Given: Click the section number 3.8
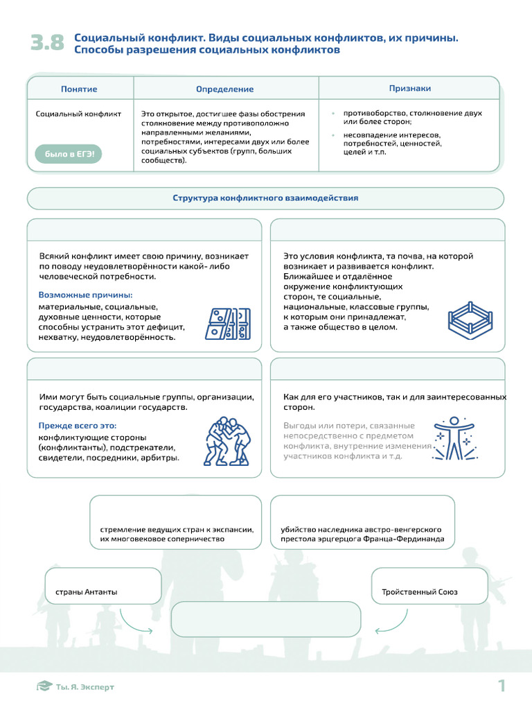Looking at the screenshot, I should pos(47,43).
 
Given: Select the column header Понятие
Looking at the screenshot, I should pos(79,89).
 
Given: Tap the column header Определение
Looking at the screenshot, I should pos(224,89).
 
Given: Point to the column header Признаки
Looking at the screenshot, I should pos(410,88).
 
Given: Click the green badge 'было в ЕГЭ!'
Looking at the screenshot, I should pos(69,154).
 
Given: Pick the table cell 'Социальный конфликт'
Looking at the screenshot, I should pos(78,114).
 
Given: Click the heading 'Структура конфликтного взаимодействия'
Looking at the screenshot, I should pos(265,198).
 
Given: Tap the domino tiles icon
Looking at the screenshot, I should pos(227,323).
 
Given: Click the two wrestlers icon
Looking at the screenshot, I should pos(227,441).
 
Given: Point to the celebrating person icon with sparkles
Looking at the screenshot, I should pos(454,439).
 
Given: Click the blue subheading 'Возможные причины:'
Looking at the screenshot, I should pos(85,295).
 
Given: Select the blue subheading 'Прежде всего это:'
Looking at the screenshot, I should pos(78,425).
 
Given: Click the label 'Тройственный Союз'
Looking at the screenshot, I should pos(419,592).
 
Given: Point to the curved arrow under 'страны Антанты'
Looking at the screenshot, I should pos(133,621).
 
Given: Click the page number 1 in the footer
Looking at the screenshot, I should pos(502,686).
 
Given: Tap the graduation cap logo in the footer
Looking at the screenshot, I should pos(44,686).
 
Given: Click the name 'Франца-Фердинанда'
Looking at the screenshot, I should pos(406,539).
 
